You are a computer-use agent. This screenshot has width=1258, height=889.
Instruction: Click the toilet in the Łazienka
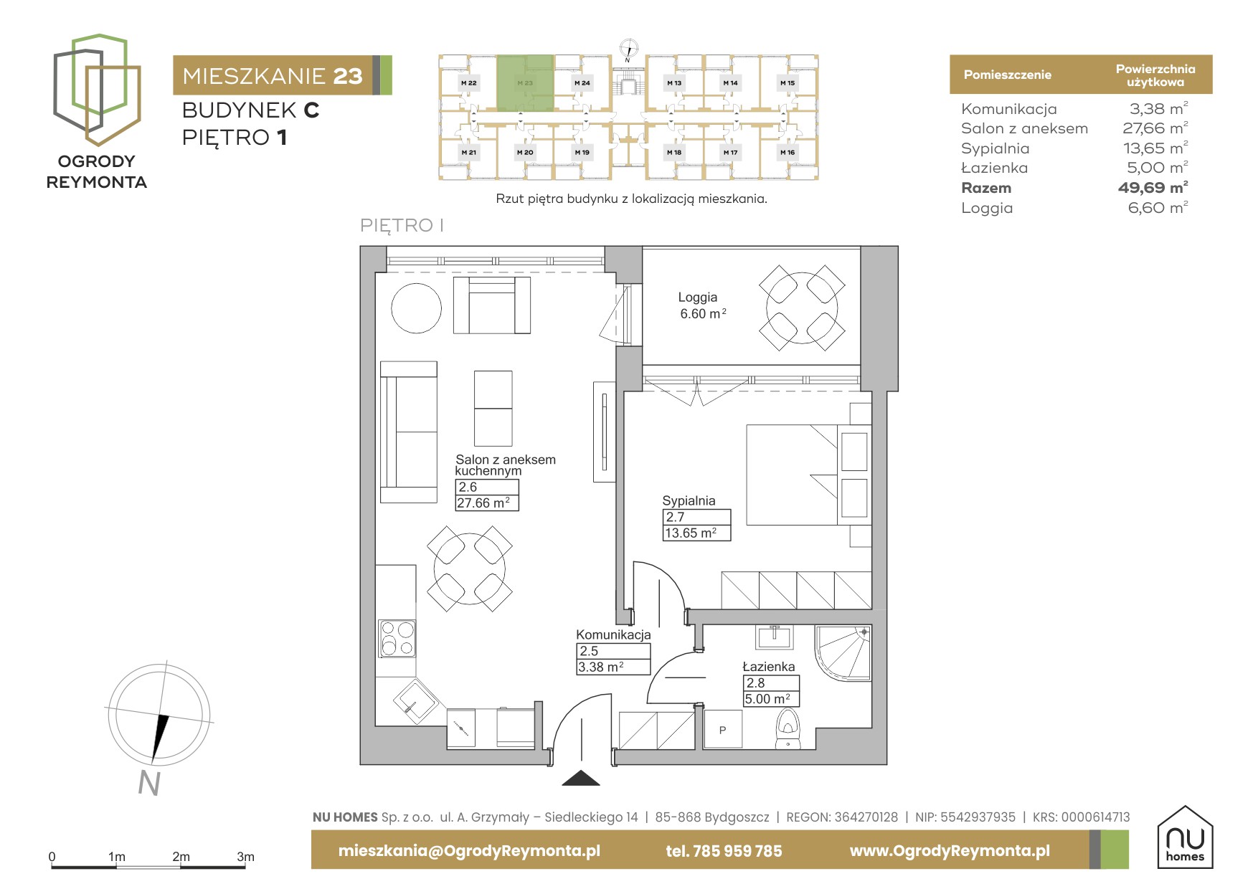[788, 729]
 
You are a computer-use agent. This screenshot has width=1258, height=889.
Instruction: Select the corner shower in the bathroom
[843, 653]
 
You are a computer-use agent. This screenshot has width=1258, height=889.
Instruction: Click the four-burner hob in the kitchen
[397, 638]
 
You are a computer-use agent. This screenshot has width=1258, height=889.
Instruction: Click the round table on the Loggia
[802, 308]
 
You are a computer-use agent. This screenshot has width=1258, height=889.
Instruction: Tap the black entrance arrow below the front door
[581, 778]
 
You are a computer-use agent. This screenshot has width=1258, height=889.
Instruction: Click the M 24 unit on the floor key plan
[582, 83]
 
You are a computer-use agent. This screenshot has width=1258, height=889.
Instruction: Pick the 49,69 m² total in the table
[1153, 188]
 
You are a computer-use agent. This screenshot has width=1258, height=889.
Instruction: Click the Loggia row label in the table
[987, 208]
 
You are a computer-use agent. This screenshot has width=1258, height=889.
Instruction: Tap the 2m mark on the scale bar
[181, 857]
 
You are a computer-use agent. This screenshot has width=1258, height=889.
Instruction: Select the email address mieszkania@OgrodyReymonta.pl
[469, 851]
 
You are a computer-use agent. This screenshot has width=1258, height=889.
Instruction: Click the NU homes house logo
[1185, 837]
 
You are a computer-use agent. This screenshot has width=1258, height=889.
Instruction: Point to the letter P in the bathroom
[722, 730]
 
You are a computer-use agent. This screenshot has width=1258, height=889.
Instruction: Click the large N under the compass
[149, 783]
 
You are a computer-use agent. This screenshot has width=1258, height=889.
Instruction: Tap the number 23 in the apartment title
[348, 76]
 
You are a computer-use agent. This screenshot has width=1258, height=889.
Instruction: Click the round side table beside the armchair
[416, 308]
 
